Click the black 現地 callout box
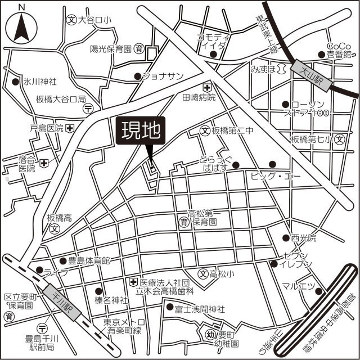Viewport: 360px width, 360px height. coord(141,132)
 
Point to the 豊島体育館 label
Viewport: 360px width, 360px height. coord(89,260)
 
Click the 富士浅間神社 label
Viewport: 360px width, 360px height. coord(200,309)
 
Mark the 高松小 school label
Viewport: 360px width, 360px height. coord(221,274)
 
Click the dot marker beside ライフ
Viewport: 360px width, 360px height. coord(39,270)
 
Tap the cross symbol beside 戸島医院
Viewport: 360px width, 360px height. coord(69,128)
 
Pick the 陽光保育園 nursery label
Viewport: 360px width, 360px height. coord(111,48)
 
